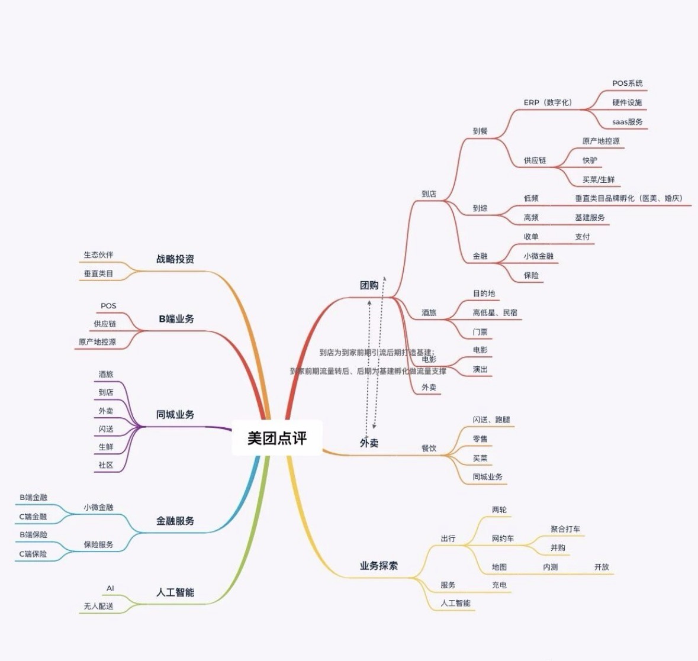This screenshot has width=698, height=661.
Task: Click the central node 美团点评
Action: click(277, 438)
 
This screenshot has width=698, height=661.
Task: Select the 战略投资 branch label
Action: click(175, 259)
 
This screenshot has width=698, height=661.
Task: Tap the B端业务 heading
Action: click(176, 319)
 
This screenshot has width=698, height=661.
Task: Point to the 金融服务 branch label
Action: click(175, 521)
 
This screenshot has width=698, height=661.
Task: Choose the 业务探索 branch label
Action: click(379, 566)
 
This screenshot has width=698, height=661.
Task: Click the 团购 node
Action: click(369, 285)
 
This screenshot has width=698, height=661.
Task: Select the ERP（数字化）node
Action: click(548, 102)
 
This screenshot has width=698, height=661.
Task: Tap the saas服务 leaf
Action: click(628, 122)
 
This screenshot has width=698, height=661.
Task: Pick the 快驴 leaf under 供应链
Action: click(590, 160)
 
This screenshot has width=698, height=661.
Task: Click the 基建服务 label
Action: click(590, 218)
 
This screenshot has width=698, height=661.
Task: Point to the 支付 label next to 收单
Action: click(583, 237)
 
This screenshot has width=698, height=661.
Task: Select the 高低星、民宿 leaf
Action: click(495, 312)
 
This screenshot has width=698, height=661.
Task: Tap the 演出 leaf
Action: click(480, 369)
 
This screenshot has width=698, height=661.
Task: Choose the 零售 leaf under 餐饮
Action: click(480, 439)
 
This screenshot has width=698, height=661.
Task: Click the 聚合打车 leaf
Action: click(565, 529)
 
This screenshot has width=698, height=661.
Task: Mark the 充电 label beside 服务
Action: click(499, 585)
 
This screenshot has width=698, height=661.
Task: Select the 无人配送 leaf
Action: click(99, 607)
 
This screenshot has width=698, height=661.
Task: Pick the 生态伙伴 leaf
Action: click(98, 255)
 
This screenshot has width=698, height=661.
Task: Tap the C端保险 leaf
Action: click(33, 554)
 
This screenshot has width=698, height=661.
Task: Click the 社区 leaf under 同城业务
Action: click(106, 465)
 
